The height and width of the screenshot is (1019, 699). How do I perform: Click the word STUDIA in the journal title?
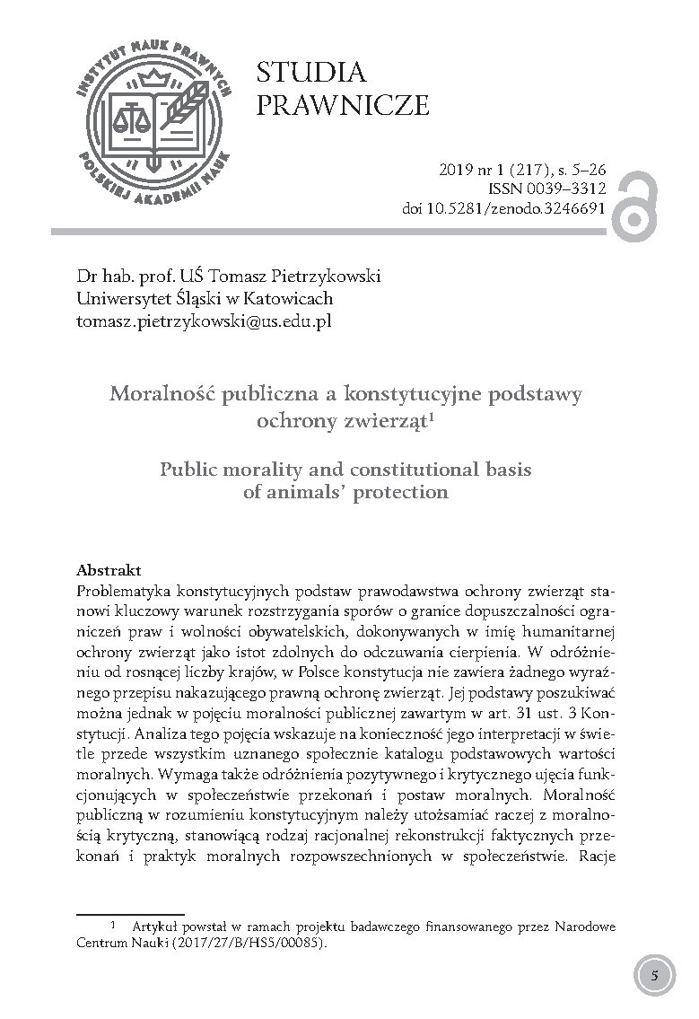tap(310, 73)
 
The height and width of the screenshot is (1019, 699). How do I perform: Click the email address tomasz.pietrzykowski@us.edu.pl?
tap(204, 321)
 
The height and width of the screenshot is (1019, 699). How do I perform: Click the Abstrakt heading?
tap(109, 570)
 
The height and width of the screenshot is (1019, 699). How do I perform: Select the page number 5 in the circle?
tap(654, 976)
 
